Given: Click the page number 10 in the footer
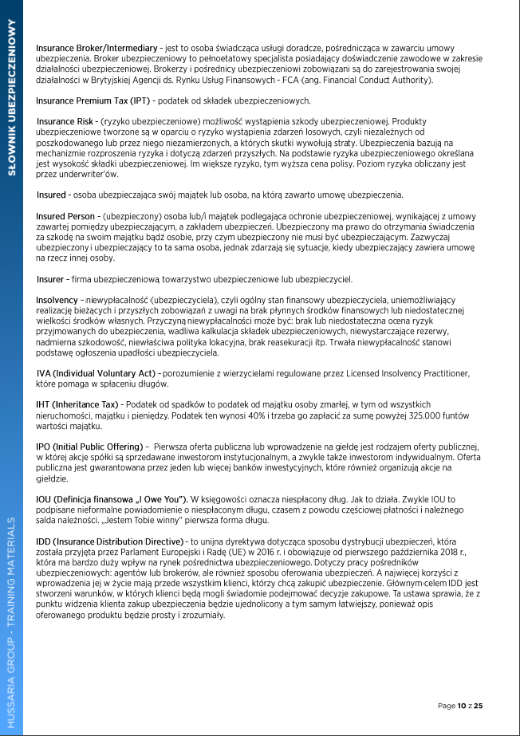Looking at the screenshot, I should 462,706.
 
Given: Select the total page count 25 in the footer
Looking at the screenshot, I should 479,706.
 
